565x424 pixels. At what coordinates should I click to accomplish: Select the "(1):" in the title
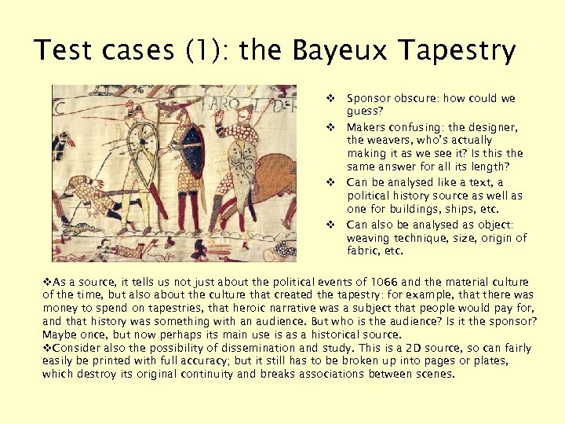coord(206,52)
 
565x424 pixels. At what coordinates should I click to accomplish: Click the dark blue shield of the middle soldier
coord(190,154)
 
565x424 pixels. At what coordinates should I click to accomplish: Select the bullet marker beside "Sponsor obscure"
coord(331,99)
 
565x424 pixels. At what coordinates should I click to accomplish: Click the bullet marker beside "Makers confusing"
coord(331,126)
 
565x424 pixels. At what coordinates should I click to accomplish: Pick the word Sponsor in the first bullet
coord(369,99)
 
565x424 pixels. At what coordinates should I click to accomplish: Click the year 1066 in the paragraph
coord(410,282)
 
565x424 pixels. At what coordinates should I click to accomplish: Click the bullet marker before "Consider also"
coord(47,348)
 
